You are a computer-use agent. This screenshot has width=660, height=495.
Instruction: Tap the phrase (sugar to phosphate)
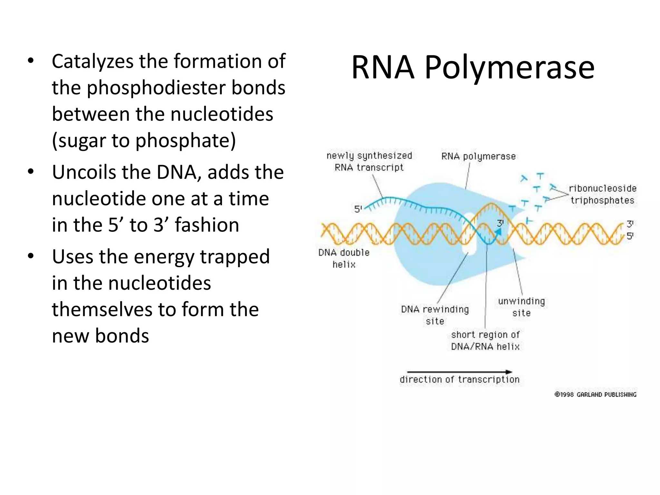[x=144, y=141]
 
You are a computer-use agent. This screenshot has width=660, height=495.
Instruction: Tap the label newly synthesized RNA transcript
[x=369, y=161]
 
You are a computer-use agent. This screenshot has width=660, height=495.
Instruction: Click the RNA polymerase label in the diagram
[x=478, y=157]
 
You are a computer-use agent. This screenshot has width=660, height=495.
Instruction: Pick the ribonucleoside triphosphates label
[x=602, y=194]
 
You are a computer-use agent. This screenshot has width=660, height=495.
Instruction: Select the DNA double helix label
[x=344, y=258]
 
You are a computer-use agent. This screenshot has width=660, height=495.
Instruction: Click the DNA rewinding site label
[x=435, y=315]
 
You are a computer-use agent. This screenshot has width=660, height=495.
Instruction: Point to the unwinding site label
[x=521, y=307]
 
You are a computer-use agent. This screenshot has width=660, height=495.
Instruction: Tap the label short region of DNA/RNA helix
[x=485, y=340]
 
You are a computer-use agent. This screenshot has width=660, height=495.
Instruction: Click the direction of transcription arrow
[x=459, y=372]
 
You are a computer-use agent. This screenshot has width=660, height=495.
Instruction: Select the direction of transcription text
[x=460, y=380]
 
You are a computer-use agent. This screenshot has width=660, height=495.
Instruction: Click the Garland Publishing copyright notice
[x=595, y=394]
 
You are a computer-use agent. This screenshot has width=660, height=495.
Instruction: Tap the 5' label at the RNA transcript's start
[x=358, y=209]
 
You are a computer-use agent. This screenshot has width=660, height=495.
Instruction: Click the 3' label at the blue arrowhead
[x=500, y=223]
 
